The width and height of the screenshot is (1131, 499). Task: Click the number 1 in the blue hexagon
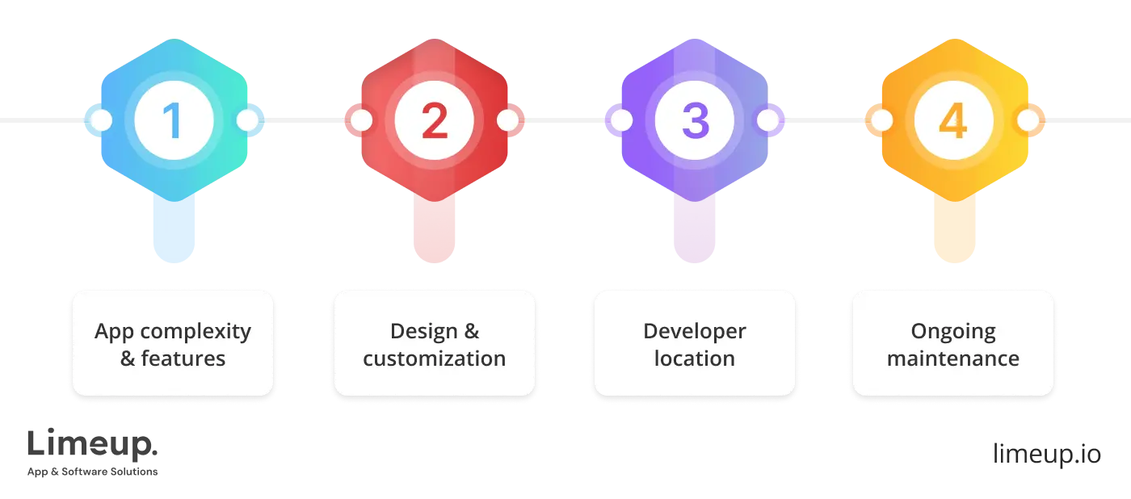coord(174,121)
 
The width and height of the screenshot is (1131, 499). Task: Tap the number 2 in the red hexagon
coord(434,121)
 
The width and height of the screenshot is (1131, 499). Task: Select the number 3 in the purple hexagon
coord(694,121)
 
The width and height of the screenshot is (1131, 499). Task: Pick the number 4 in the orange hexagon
coord(953,121)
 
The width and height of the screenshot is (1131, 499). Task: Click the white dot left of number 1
coord(101,121)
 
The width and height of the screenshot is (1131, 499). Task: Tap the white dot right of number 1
coord(247,121)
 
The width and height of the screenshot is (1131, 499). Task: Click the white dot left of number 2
coord(361,121)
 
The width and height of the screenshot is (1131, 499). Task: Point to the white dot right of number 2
coord(507,121)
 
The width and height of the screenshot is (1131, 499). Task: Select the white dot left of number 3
coord(620,121)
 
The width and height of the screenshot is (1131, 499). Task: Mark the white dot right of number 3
coord(767,121)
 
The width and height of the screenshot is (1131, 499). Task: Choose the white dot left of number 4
coord(881,121)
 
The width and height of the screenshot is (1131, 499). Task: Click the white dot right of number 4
coord(1027,121)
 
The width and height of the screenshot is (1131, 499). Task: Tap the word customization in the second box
coord(434,359)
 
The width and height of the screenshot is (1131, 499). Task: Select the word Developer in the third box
coord(694,331)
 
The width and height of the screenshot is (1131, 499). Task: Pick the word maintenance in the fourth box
coord(953,359)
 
